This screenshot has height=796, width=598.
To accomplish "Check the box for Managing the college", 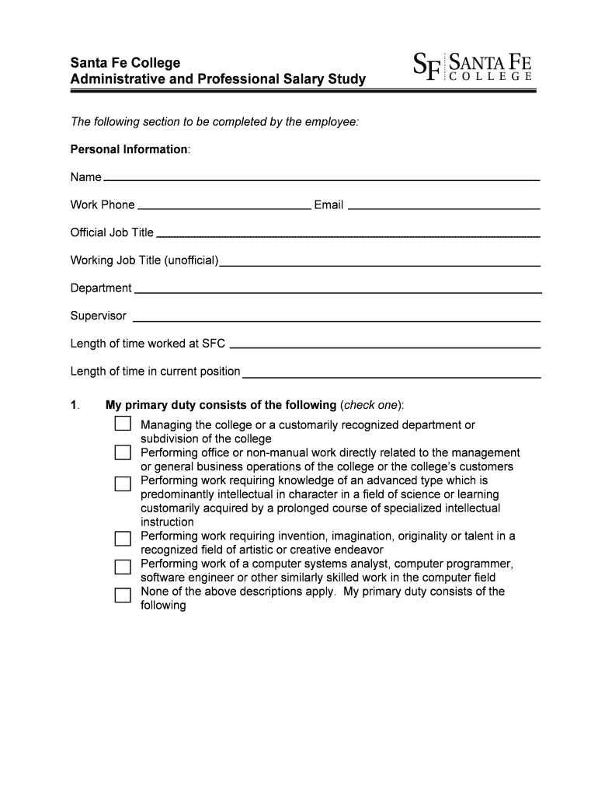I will pyautogui.click(x=123, y=424).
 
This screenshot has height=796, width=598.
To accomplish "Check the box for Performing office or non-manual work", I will pyautogui.click(x=123, y=452).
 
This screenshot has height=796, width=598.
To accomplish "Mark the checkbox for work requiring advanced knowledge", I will pyautogui.click(x=123, y=484).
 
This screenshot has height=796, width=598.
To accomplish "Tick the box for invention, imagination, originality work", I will pyautogui.click(x=123, y=538).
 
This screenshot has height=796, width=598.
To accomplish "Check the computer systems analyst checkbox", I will pyautogui.click(x=123, y=566).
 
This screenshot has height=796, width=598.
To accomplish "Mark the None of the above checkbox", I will pyautogui.click(x=123, y=595).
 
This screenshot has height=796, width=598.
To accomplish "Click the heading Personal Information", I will pyautogui.click(x=129, y=149).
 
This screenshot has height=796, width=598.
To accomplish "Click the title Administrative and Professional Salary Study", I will pyautogui.click(x=217, y=79).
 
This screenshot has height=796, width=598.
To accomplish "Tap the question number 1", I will pyautogui.click(x=75, y=405).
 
